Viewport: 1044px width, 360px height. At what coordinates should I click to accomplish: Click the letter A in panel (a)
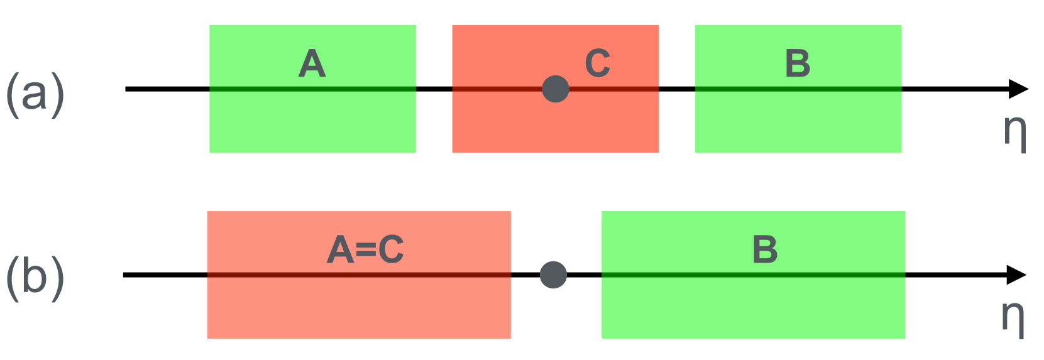tap(312, 63)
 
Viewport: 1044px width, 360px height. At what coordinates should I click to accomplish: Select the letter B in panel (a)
tap(798, 63)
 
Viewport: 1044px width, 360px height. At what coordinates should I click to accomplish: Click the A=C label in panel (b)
tap(365, 249)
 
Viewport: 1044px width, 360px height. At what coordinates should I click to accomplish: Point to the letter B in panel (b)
tap(765, 249)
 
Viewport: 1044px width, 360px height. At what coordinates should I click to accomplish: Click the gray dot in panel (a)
tap(556, 89)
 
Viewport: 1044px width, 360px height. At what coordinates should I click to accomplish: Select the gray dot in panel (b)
tap(553, 275)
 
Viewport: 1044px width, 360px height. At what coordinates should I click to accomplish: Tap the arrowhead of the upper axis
tap(1018, 89)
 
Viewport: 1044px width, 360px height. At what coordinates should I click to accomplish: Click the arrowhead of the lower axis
tap(1016, 275)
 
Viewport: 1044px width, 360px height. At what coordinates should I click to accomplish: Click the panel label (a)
tap(35, 94)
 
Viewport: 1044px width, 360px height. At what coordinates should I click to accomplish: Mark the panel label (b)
tap(35, 278)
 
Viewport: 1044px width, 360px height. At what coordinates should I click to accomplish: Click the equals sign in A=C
tap(366, 251)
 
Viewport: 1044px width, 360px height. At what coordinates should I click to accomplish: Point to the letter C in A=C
tap(391, 249)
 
